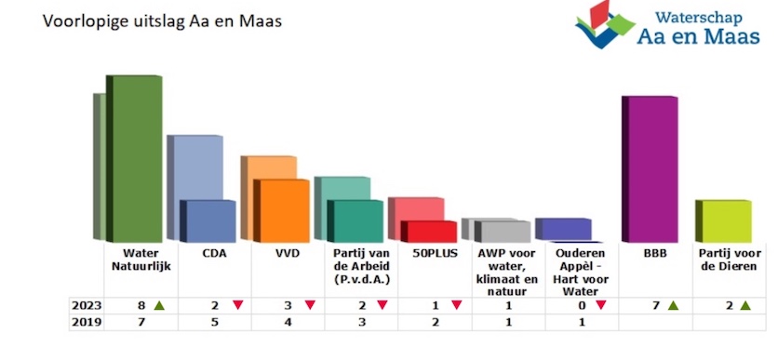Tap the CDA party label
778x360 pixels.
tap(214, 252)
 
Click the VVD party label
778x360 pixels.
tap(287, 252)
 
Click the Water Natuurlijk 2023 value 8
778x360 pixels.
tap(141, 305)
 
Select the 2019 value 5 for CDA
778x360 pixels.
tap(215, 322)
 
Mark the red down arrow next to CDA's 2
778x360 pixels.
tap(238, 305)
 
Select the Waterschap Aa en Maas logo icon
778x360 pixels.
tap(605, 25)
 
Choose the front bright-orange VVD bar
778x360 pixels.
tap(283, 210)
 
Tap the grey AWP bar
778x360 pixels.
tap(503, 231)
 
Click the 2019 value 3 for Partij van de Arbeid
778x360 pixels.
tap(360, 322)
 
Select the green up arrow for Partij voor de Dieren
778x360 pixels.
tap(744, 305)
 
